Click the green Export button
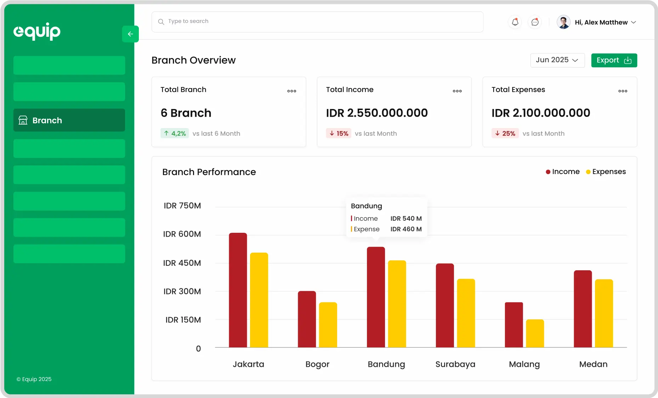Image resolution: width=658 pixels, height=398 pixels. tap(614, 60)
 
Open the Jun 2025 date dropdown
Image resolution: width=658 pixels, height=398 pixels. tap(557, 60)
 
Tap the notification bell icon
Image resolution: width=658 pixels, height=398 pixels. tap(515, 22)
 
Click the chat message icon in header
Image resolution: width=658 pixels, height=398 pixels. tap(535, 22)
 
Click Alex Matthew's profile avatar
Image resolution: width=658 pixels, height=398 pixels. tap(563, 22)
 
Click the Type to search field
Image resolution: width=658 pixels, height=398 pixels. tap(317, 22)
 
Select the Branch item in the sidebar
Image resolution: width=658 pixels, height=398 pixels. tap(69, 120)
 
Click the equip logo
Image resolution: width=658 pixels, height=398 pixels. tap(37, 31)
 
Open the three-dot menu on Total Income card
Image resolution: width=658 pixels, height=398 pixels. tap(457, 91)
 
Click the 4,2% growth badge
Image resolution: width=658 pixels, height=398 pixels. tap(175, 133)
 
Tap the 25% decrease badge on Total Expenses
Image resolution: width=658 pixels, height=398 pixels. tap(505, 133)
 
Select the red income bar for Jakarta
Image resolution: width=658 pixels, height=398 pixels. tap(238, 290)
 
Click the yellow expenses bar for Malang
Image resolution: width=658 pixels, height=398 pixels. tap(535, 333)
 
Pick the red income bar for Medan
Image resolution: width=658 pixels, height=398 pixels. tap(583, 308)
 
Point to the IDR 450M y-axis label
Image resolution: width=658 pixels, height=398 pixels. tap(182, 263)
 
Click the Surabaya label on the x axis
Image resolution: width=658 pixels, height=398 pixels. tap(455, 364)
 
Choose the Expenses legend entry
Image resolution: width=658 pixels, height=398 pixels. tap(606, 172)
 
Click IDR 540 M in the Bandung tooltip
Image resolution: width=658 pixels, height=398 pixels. tap(406, 219)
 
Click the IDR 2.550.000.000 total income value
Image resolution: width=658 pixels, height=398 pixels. tap(377, 113)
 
